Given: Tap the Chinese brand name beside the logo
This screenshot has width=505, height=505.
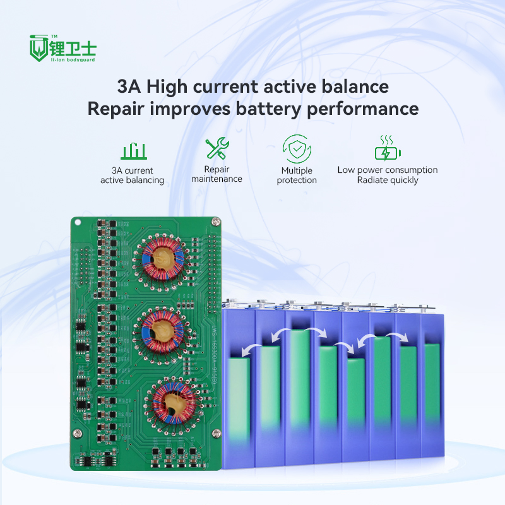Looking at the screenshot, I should [x=76, y=47].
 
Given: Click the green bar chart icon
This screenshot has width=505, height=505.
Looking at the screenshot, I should [x=133, y=151].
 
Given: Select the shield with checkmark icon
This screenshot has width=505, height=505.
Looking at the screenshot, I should [x=296, y=149].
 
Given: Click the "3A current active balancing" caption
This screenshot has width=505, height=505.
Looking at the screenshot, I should [x=133, y=175].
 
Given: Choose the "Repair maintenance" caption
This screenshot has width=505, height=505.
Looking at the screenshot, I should [x=217, y=174].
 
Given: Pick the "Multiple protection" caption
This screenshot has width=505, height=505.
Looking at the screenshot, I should [x=297, y=175].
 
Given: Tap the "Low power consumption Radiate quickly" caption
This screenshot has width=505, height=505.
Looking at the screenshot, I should [x=387, y=175].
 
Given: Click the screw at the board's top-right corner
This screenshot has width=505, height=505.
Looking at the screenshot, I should [x=216, y=222].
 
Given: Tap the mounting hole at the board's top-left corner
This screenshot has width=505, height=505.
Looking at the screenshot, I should [x=77, y=222].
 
